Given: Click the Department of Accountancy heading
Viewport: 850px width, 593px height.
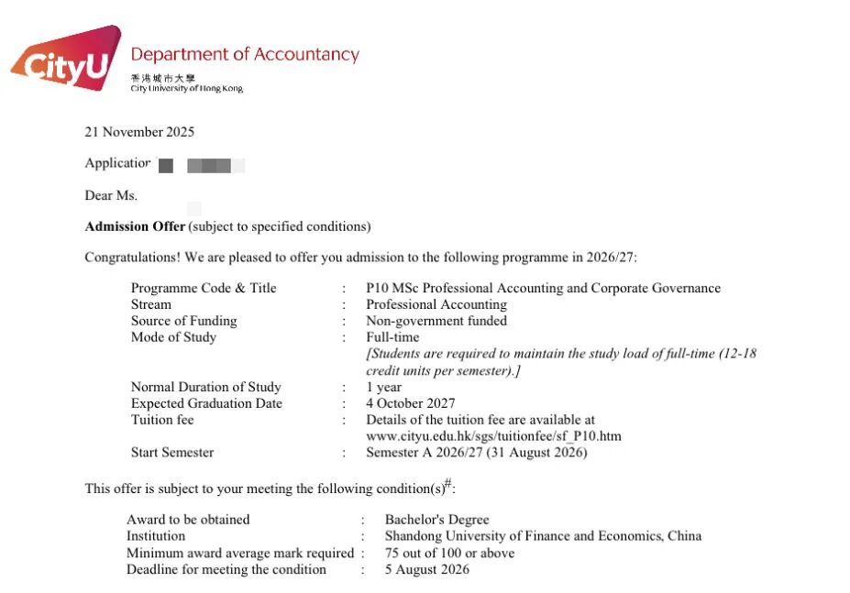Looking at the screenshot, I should click(x=245, y=55).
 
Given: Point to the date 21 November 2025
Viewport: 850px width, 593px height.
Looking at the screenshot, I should click(x=139, y=132).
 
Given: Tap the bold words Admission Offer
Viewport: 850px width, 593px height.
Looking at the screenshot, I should click(x=135, y=226).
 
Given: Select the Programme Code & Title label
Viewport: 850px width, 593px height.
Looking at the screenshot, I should click(x=204, y=288).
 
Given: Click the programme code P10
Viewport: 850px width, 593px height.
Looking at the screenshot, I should click(x=376, y=288).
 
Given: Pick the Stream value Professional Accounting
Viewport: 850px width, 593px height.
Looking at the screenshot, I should click(x=436, y=304).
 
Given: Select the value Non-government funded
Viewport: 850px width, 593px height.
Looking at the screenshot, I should click(x=436, y=321).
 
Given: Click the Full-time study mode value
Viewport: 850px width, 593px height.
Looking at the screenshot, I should click(x=392, y=337).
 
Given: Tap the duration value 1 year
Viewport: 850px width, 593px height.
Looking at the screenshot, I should click(x=383, y=387).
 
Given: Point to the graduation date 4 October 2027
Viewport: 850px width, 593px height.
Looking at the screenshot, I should click(x=410, y=403).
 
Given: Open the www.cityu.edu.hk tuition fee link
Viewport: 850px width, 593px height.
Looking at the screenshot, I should click(x=493, y=436).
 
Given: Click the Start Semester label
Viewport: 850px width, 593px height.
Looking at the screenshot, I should click(x=172, y=453).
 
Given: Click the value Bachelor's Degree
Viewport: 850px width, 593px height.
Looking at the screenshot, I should click(x=436, y=520).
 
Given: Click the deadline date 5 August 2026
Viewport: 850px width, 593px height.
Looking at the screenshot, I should click(x=426, y=569).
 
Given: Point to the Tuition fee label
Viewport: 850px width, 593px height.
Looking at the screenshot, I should click(x=162, y=420).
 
